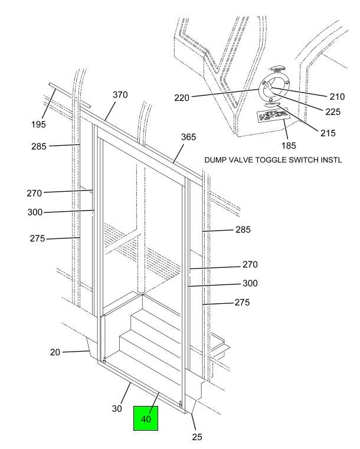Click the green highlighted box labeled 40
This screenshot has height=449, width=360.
click(x=146, y=418)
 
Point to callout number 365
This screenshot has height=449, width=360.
click(x=189, y=136)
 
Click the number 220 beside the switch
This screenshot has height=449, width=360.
click(x=181, y=98)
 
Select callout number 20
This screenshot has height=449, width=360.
click(x=55, y=352)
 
